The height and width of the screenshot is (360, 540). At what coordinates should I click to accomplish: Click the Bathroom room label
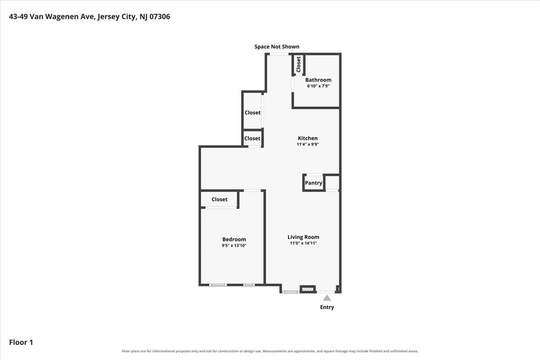(x=318, y=80)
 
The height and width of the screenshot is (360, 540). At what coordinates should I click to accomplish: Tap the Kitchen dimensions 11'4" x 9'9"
(x=308, y=144)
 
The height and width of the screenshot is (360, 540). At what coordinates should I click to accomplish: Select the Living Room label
(x=303, y=237)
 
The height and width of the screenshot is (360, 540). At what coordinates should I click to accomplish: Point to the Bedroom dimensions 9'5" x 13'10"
(x=234, y=245)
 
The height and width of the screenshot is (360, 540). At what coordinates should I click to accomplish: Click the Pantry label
(x=313, y=183)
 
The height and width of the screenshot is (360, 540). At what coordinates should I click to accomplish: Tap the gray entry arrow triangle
(x=327, y=298)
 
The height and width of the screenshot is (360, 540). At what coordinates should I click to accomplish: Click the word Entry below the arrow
(x=327, y=307)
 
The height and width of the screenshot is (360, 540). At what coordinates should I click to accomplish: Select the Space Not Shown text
(x=277, y=46)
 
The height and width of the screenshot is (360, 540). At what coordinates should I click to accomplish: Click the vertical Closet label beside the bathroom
(x=298, y=64)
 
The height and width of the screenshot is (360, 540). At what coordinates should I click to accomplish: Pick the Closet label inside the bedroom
(x=220, y=199)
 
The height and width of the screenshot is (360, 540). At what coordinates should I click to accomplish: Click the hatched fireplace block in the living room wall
(x=308, y=289)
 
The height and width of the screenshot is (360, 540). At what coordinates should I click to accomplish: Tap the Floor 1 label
(x=21, y=342)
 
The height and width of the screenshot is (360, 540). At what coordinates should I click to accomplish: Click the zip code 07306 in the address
(x=160, y=16)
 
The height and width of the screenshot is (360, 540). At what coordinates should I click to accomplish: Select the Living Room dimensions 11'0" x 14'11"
(x=303, y=243)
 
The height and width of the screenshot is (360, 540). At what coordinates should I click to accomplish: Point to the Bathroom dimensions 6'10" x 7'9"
(x=318, y=86)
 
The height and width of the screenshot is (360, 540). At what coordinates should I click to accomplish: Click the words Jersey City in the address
(x=116, y=17)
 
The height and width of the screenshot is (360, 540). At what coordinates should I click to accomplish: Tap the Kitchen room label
(x=308, y=138)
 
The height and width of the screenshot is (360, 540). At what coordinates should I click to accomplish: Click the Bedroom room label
(x=234, y=239)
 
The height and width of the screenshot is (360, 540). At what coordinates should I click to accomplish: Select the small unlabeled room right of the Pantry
(x=332, y=183)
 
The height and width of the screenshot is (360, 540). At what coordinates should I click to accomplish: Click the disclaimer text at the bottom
(x=270, y=351)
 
